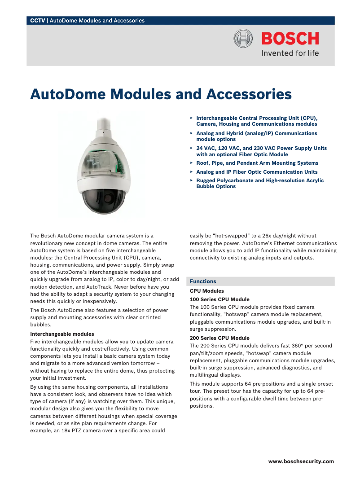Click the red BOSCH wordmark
point(290,39)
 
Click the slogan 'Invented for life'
point(290,53)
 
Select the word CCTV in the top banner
point(37,21)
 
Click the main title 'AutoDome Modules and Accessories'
point(161,95)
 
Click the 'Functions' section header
point(203,281)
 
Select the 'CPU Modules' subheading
point(206,291)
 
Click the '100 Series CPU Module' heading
point(220,299)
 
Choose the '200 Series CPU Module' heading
point(220,338)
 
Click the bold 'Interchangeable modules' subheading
point(62,334)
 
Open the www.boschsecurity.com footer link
point(301,461)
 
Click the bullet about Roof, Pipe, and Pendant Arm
point(257,163)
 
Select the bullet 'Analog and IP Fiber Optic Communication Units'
point(257,172)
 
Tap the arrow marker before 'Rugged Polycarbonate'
point(192,180)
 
